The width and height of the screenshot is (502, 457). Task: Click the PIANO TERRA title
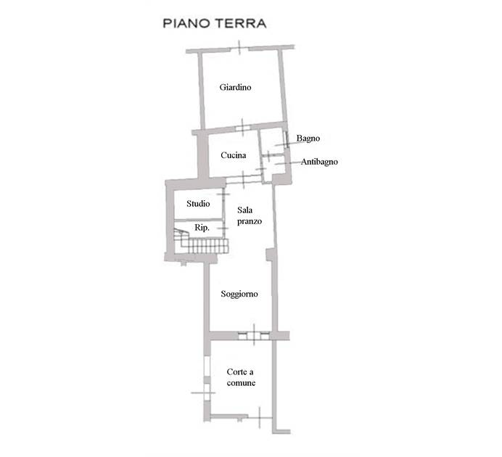pos(215,23)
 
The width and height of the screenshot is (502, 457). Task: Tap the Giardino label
pos(235,87)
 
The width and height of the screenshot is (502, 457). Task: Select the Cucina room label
pos(234,155)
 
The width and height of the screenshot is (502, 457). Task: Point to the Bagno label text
pos(308,139)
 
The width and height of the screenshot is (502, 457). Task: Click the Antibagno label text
pos(319,162)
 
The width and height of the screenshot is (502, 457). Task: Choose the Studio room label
pos(198,204)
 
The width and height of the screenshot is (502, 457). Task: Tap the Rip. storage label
pos(202,228)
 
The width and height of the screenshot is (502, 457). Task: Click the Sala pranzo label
pos(250,215)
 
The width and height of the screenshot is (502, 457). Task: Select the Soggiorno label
pos(239,294)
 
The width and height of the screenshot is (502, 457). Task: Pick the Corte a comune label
pos(241,377)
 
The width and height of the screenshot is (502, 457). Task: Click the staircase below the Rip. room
pos(205,245)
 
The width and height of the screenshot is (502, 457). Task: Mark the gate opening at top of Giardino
pos(239,49)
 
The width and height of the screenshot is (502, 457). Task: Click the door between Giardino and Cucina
pos(242,128)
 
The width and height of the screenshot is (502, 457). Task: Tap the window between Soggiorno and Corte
pos(254,335)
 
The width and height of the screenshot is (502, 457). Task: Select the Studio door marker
pos(223,194)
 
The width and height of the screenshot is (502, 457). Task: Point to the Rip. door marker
pos(223,228)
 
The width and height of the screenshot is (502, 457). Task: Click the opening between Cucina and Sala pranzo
pos(244,180)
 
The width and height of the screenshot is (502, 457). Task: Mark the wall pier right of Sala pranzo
pos(271,255)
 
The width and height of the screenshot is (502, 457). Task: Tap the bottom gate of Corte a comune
pos(259,417)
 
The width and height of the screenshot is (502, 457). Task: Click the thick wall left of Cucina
pos(203,155)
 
